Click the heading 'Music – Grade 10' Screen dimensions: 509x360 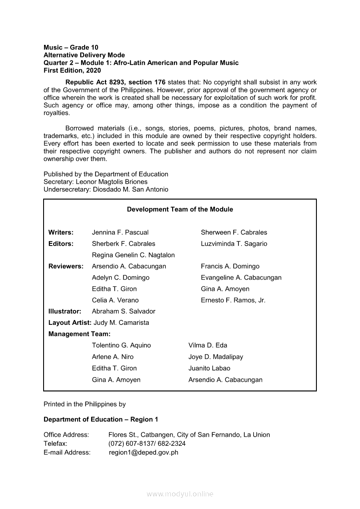(x=71, y=47)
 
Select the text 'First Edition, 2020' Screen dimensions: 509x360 (x=72, y=71)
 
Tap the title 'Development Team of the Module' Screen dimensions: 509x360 (x=180, y=209)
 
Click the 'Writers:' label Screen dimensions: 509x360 (x=61, y=233)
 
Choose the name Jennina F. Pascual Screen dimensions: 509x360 (x=120, y=233)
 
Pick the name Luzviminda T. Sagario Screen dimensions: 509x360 (x=234, y=244)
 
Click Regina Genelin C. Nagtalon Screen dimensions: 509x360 (x=133, y=255)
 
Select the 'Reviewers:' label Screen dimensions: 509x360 (x=66, y=266)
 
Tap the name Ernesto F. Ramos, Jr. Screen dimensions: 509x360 (x=233, y=300)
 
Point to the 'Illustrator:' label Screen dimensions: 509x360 (x=65, y=312)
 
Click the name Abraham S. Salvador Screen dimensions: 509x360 (x=123, y=312)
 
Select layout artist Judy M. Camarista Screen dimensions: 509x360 (x=121, y=323)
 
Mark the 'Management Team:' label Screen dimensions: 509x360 (x=79, y=334)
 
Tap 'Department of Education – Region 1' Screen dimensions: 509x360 (x=101, y=419)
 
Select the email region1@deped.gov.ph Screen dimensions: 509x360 (x=143, y=452)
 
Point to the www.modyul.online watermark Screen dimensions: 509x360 (x=180, y=494)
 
